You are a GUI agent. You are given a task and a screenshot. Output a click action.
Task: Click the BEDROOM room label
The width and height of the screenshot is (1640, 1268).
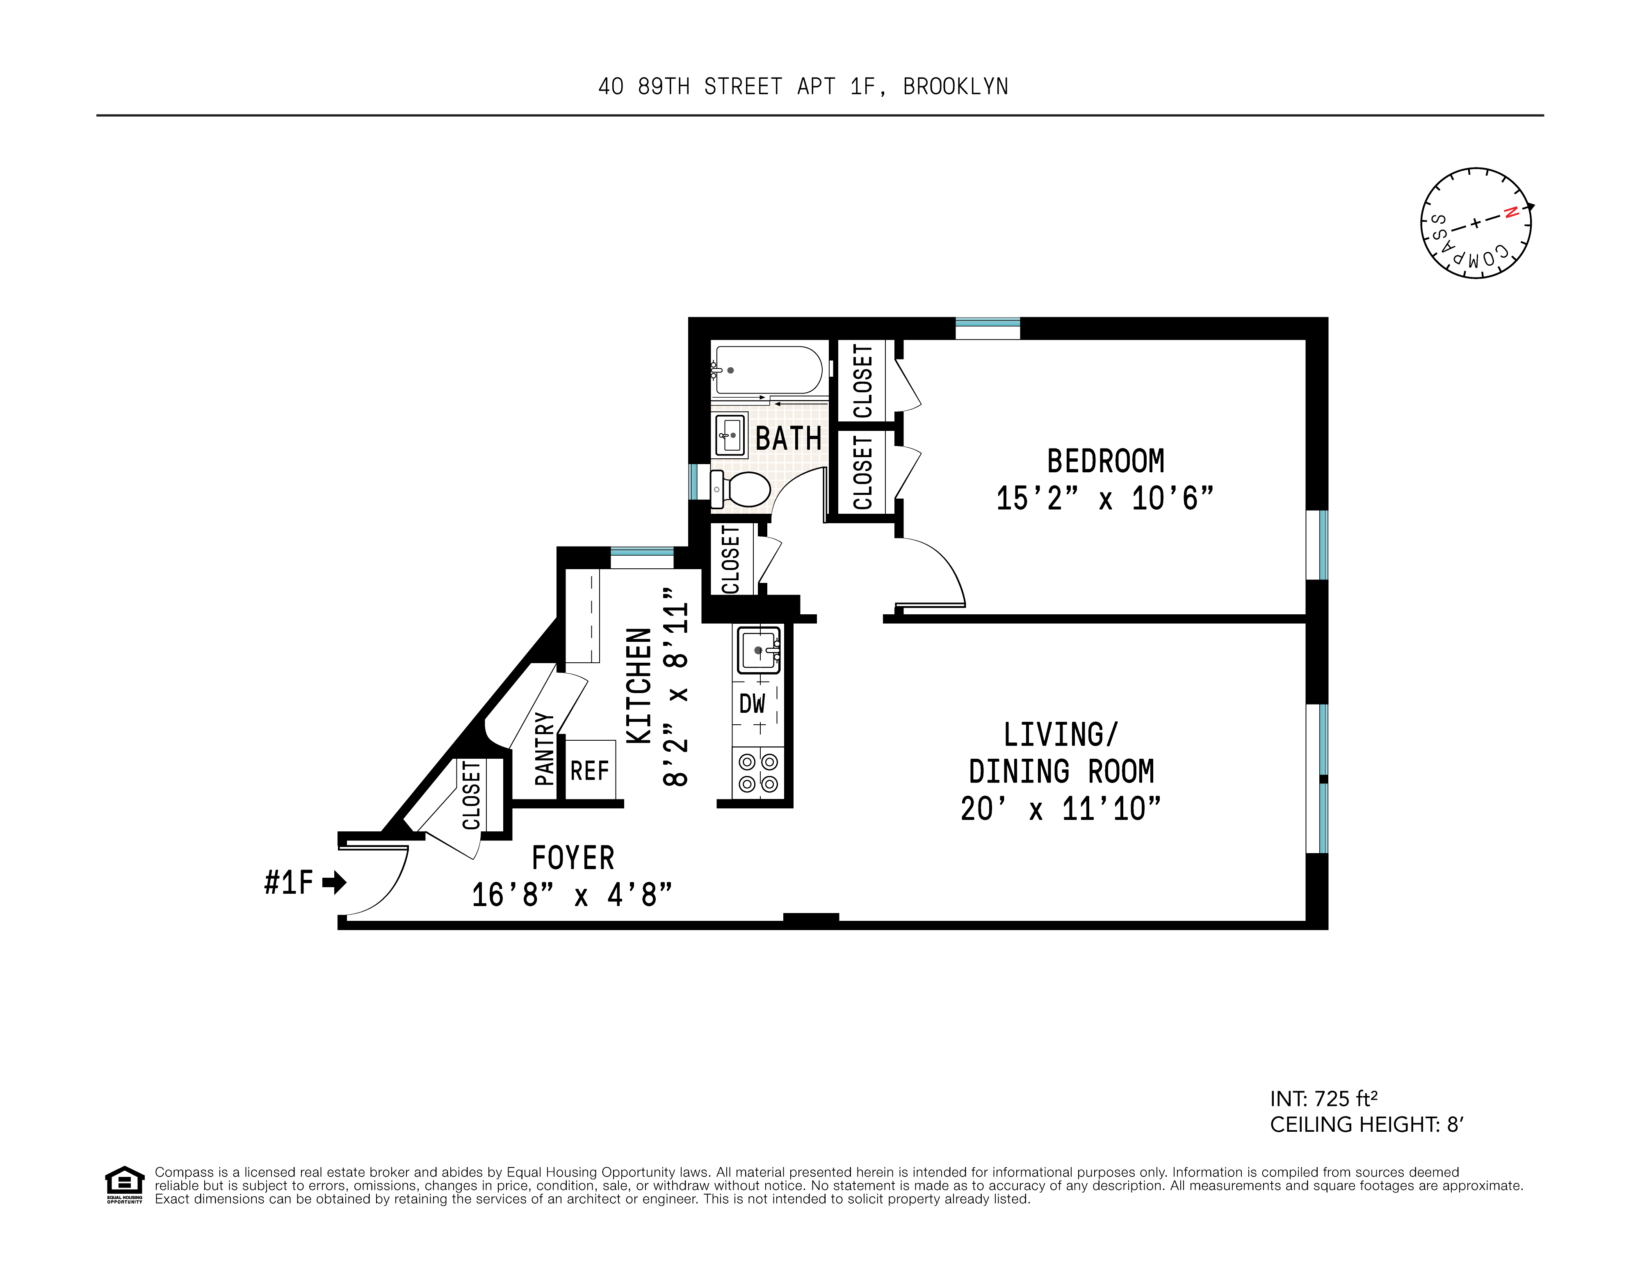1105,461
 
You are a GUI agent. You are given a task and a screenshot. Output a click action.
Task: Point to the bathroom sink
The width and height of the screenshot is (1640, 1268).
731,435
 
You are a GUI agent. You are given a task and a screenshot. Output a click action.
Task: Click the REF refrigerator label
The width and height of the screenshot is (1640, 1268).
589,771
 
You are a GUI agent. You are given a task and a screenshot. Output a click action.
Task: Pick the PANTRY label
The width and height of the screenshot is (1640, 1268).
545,749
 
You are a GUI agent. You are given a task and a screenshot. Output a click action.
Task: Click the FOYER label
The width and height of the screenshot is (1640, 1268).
573,858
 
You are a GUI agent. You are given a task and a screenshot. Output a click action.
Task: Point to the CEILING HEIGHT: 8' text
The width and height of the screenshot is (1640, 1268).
1366,1124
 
